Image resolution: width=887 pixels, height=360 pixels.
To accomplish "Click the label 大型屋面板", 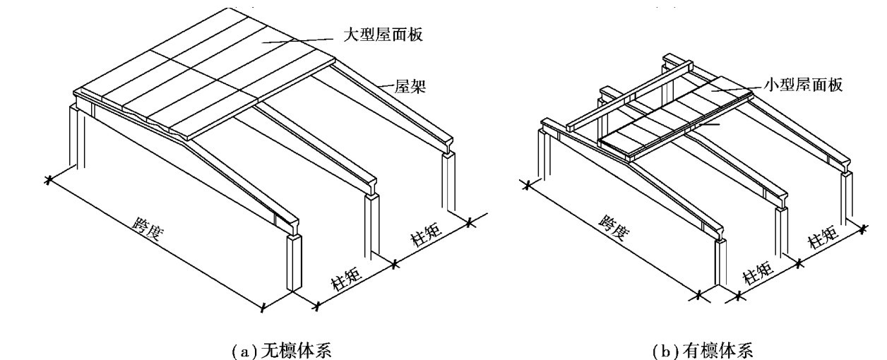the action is click(383, 35).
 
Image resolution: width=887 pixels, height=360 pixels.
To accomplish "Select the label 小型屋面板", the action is click(803, 85).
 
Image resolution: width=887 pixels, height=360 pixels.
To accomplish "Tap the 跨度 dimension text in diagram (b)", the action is click(614, 229).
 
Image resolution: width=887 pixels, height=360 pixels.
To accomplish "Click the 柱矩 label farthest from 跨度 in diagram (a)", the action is click(427, 234).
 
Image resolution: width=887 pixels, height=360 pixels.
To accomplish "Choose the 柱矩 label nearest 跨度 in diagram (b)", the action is click(758, 272).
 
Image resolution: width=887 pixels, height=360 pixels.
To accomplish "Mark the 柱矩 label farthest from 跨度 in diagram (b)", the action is click(824, 237).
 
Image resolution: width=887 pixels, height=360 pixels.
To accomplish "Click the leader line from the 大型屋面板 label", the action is click(297, 41).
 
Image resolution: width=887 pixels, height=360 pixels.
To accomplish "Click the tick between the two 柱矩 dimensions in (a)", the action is click(394, 264).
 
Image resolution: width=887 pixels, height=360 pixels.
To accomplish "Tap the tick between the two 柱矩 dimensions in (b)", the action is click(799, 263).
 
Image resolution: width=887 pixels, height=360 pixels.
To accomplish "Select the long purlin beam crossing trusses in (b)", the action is click(630, 96).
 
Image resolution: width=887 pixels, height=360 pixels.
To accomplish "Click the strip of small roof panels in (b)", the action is click(674, 119).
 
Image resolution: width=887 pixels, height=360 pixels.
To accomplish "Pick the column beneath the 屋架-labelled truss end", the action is click(448, 182).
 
